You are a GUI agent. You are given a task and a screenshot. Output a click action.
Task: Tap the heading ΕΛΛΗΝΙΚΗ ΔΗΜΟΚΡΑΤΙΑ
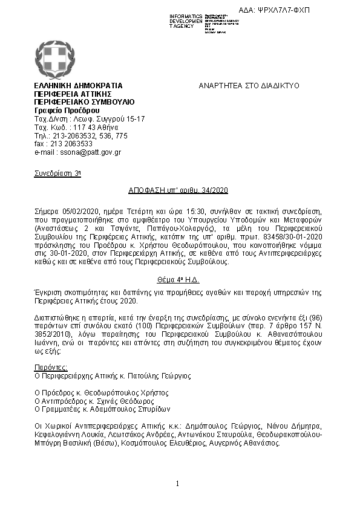pos(79,86)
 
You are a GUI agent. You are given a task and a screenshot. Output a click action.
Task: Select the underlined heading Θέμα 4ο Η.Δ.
pos(179,282)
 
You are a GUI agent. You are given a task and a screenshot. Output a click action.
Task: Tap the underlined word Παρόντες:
pos(51,367)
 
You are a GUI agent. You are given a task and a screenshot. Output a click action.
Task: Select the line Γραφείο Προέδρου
pos(67,111)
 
